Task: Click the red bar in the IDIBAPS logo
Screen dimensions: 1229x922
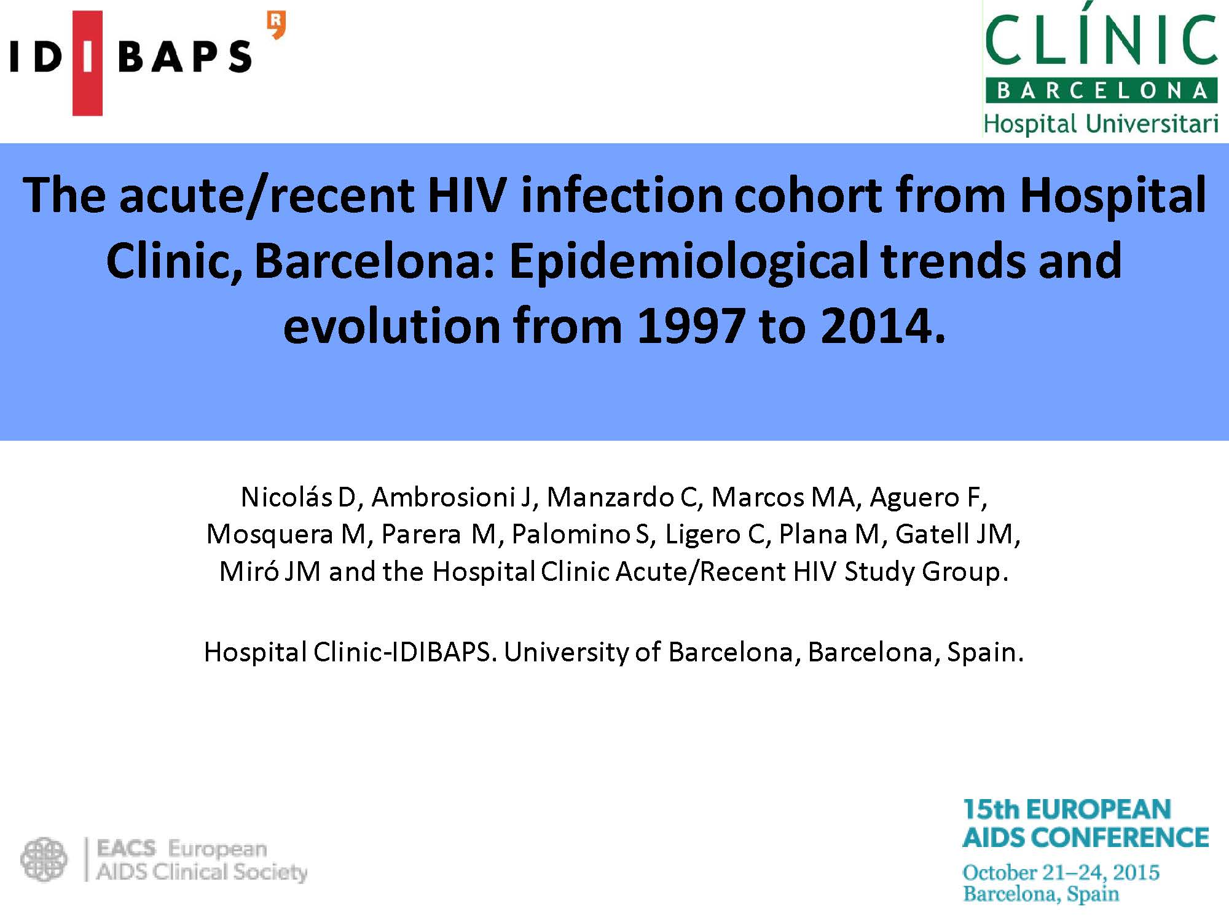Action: point(87,63)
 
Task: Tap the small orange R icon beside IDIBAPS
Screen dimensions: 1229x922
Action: point(277,26)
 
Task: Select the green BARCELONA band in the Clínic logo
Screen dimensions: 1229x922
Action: point(1101,91)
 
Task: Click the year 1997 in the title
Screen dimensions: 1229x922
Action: point(691,326)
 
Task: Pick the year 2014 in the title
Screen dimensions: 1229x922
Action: point(882,326)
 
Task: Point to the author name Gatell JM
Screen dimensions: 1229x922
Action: point(956,534)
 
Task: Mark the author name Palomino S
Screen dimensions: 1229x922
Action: point(581,534)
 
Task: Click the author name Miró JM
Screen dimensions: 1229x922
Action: point(270,572)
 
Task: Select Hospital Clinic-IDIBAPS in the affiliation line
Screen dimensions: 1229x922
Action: point(348,652)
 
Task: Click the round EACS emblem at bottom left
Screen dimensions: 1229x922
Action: point(44,859)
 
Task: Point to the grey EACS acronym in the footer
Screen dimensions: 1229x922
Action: point(127,849)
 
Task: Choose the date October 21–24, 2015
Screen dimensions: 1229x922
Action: point(1061,872)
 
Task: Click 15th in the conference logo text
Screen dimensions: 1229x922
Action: point(989,810)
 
